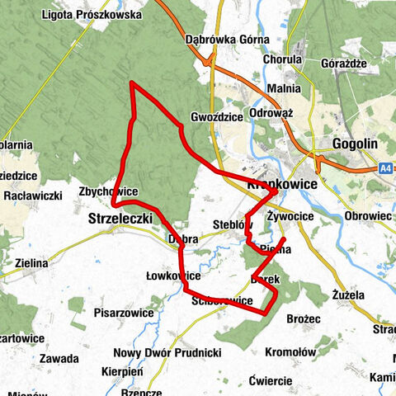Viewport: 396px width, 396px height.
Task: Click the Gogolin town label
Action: pyautogui.click(x=355, y=144)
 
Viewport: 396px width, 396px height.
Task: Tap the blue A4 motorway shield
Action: pyautogui.click(x=385, y=167)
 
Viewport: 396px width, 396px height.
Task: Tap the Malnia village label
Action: pyautogui.click(x=282, y=88)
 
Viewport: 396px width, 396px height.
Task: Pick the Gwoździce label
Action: pyautogui.click(x=216, y=116)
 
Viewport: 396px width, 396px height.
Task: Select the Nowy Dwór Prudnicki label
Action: pyautogui.click(x=167, y=353)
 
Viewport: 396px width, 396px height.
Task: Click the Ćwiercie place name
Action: pyautogui.click(x=270, y=380)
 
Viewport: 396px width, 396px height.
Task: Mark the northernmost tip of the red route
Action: pyautogui.click(x=133, y=83)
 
